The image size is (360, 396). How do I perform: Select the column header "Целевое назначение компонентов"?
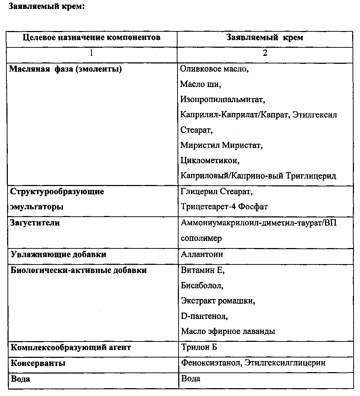pos(91,37)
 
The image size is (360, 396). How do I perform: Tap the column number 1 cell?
pos(92,53)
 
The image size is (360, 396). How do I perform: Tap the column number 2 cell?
pos(265,53)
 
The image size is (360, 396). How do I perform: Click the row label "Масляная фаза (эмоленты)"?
pos(66,69)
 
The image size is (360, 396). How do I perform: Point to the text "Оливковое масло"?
pos(214,69)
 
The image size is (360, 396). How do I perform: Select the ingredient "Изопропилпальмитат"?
pos(222,99)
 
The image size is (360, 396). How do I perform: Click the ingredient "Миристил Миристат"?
pos(221,145)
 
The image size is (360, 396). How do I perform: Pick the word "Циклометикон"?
pos(210,160)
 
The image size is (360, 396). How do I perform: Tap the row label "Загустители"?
pos(35,223)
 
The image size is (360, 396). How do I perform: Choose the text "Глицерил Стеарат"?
pos(216,192)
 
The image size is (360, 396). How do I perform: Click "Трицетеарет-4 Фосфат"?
pos(224,207)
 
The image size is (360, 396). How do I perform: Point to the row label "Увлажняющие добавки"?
pos(58,254)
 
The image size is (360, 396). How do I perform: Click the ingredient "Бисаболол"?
pos(202,286)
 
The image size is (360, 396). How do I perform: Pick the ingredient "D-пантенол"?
pos(204,316)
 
